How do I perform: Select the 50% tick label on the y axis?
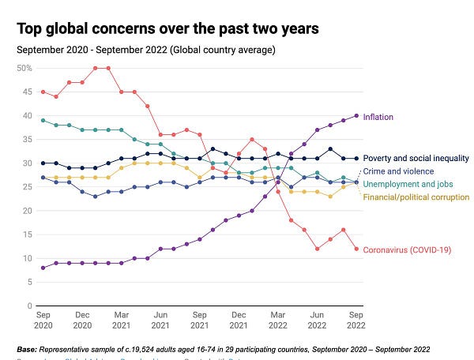[24, 69]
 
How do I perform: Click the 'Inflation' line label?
[378, 118]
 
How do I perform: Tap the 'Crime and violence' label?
[398, 171]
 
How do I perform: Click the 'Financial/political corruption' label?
[416, 197]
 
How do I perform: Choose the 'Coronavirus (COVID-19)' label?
[407, 251]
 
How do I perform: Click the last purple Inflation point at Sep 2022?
[356, 116]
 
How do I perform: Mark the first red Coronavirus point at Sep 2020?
[42, 92]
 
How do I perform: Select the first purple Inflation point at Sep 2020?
[42, 268]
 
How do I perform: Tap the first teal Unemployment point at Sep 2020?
[42, 121]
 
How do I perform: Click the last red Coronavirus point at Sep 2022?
[356, 249]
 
